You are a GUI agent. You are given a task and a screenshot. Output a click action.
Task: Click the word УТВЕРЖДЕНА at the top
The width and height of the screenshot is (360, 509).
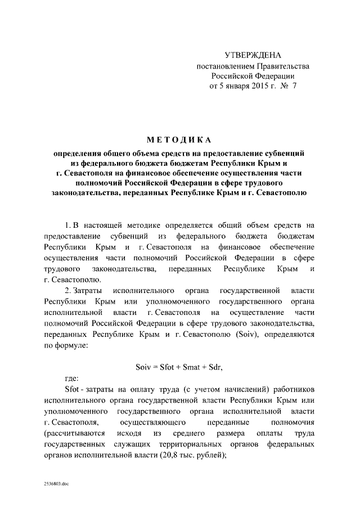252,55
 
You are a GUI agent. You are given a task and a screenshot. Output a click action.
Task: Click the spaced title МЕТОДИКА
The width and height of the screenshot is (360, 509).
180,139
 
